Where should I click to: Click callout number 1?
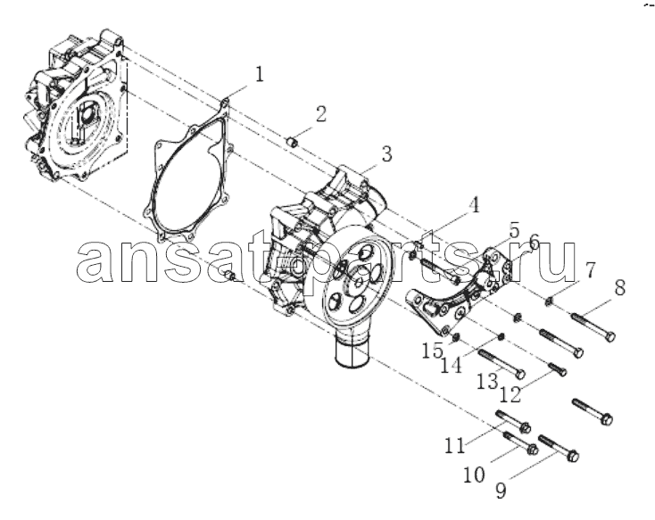(x=260, y=74)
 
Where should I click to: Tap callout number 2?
(x=320, y=113)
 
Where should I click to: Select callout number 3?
(x=386, y=153)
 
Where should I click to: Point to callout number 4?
(x=474, y=206)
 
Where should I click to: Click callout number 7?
(x=590, y=270)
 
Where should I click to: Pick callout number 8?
(x=619, y=287)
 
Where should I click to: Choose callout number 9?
(x=500, y=490)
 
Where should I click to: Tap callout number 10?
(x=474, y=475)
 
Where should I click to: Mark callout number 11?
(x=454, y=445)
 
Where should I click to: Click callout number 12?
(x=510, y=394)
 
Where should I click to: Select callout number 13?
(x=488, y=381)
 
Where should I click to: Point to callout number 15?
(x=432, y=351)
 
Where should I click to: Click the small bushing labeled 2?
(x=293, y=143)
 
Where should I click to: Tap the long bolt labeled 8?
(x=593, y=327)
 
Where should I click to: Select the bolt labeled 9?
(x=559, y=448)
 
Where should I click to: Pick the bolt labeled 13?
(x=502, y=364)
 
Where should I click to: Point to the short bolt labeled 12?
(x=557, y=369)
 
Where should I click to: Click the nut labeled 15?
(x=456, y=335)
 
